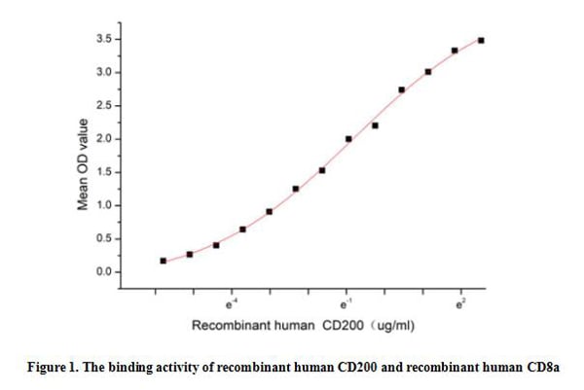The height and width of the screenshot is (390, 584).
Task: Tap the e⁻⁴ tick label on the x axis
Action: (x=231, y=304)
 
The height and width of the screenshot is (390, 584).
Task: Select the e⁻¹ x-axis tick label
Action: (x=346, y=304)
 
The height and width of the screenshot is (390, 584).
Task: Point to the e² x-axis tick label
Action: (x=460, y=304)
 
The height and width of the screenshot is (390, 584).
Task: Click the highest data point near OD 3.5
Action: (x=481, y=40)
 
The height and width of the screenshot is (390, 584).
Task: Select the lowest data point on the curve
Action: (x=163, y=261)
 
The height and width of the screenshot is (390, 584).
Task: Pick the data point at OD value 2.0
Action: (x=348, y=139)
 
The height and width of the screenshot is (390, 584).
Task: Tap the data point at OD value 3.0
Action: (x=428, y=72)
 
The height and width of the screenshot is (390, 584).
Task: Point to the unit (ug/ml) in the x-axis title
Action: (x=392, y=326)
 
